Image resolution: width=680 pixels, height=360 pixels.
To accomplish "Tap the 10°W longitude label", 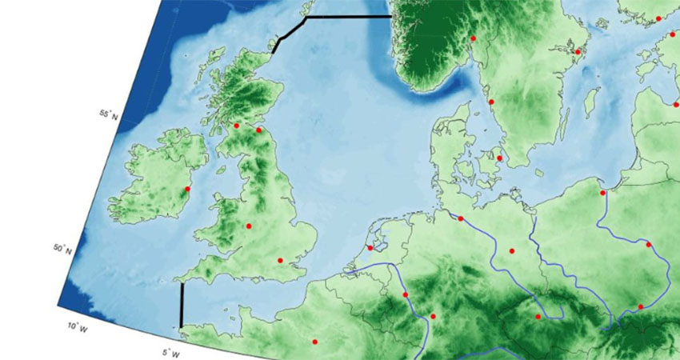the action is coord(74,326).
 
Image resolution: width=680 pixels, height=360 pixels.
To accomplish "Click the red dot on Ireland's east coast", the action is coord(187,190).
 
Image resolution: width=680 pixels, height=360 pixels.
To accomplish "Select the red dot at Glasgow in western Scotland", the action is coord(236,126).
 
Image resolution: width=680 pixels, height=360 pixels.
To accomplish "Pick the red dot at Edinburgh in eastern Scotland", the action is coord(258,130).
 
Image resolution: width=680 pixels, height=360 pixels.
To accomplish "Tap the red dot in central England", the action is coord(249,226).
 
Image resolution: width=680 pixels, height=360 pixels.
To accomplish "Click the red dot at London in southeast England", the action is coord(280,260).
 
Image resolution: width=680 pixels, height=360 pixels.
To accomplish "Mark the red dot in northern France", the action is coord(314,342).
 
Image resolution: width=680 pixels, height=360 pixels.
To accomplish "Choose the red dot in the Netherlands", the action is coord(370,248).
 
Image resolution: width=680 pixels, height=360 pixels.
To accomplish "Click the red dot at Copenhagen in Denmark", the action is coord(499,158).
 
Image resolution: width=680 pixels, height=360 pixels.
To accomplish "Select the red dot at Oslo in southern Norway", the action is coord(473,38).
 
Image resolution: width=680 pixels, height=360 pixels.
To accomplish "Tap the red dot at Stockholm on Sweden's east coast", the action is coord(578,52).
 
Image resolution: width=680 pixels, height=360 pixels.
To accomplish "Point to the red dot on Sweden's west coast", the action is coord(491,102).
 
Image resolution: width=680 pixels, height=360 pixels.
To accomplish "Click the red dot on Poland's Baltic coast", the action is coord(602,192).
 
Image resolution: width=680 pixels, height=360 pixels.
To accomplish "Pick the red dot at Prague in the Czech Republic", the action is coord(538,317).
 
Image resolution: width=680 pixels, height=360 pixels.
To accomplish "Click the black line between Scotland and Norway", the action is coord(344,16).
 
